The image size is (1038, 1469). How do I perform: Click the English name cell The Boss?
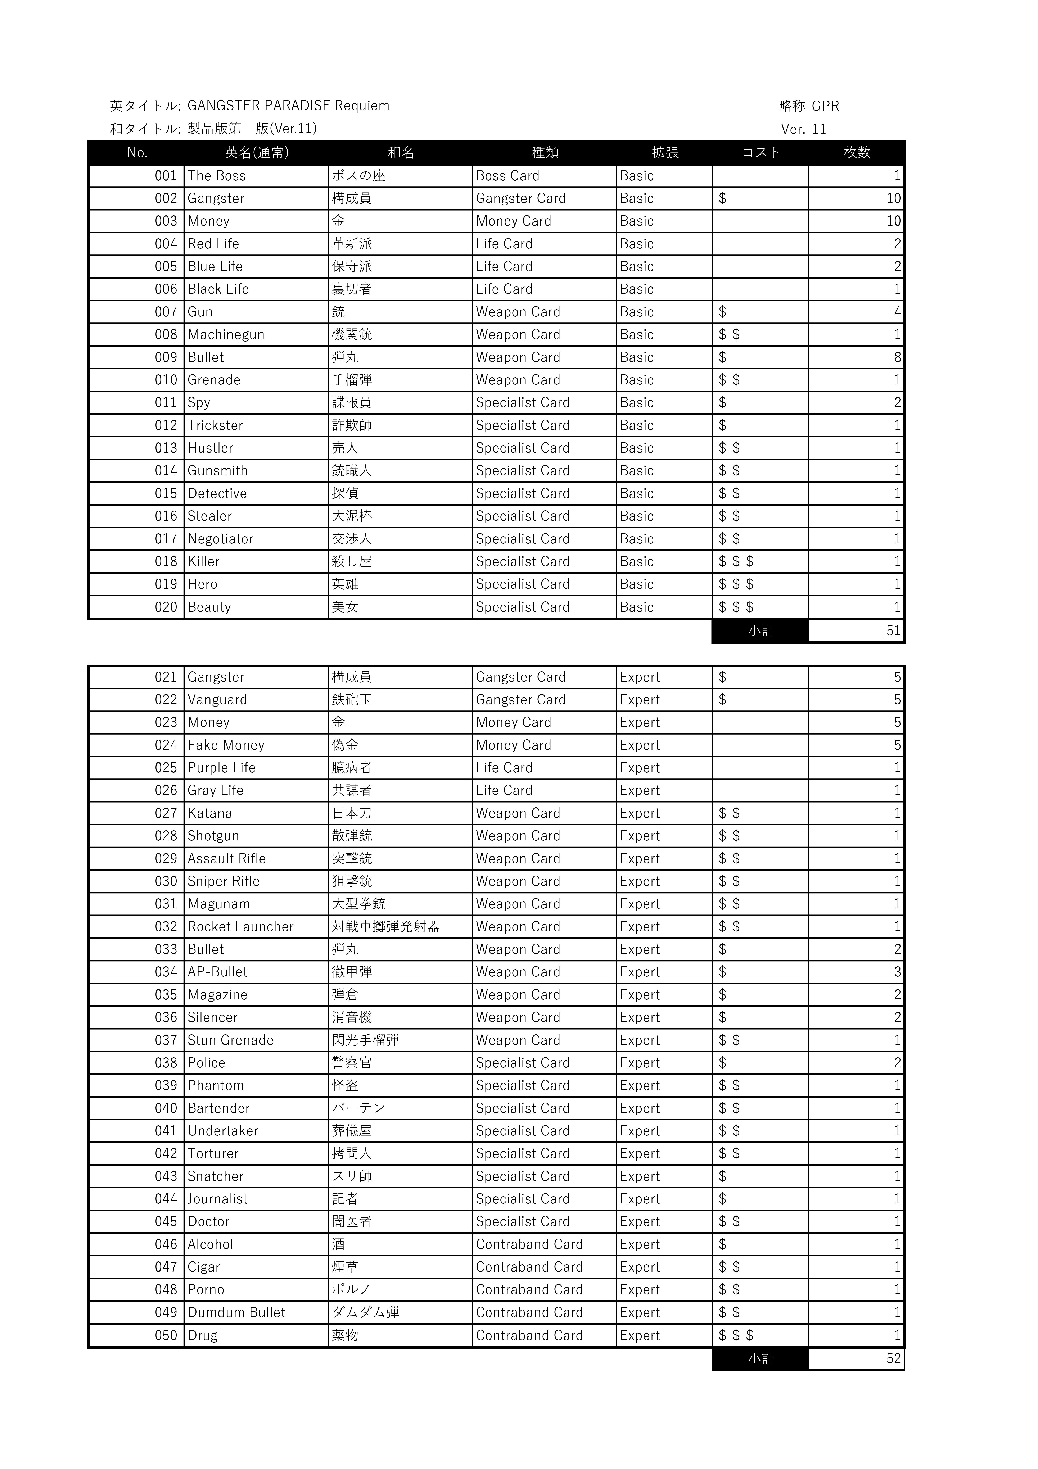[x=217, y=176]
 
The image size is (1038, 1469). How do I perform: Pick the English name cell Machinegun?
[x=226, y=335]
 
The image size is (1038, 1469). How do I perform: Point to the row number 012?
[x=166, y=426]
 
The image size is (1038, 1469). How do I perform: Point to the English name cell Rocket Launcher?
[x=240, y=927]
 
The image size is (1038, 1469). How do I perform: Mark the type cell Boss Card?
[x=507, y=176]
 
